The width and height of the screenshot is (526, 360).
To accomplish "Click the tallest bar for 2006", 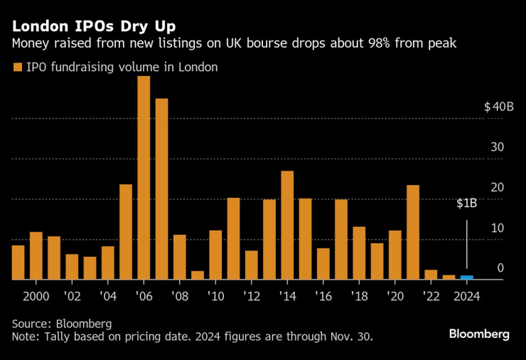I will coord(144,178).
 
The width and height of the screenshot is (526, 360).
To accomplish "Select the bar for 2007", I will coord(161,189).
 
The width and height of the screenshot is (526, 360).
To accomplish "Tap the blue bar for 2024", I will coord(466,277).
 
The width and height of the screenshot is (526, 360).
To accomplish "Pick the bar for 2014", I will coord(287,226).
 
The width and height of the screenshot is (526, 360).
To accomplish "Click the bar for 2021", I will coord(413,233).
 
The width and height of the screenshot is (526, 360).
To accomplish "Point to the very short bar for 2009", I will coord(198,275).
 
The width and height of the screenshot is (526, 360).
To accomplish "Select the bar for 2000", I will coord(36,256).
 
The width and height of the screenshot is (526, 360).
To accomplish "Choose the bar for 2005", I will coord(125,232).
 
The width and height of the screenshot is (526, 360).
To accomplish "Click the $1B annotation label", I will coord(466,203).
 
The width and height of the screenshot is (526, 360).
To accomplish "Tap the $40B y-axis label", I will coord(498,107).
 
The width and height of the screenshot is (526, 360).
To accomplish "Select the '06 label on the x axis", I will coord(144,296).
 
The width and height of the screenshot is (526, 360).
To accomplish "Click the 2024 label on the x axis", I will coord(466,296).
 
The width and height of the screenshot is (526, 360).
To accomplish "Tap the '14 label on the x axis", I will coord(287,296).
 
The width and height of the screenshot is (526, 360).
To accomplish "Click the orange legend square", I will coord(17,68).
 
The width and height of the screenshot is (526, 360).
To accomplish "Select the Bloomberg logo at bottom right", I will coord(478,334).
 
